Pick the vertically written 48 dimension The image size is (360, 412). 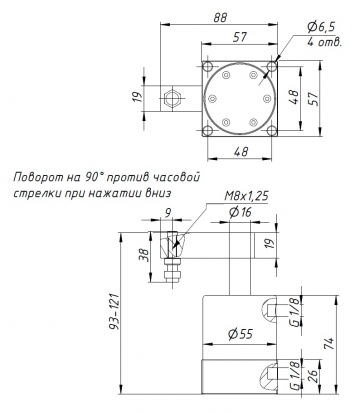[x=295, y=100]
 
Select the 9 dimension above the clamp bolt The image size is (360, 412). [x=168, y=212]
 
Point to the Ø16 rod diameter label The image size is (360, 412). [x=239, y=212]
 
